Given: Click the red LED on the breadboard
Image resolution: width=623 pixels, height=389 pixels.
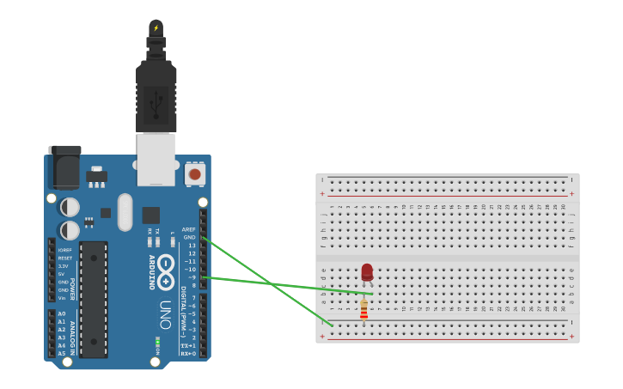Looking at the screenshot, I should [367, 272].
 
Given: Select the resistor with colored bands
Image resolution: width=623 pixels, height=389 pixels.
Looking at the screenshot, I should [363, 309].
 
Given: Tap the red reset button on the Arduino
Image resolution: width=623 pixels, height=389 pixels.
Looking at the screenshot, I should [195, 174].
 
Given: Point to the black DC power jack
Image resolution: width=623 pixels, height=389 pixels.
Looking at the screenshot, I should [65, 168].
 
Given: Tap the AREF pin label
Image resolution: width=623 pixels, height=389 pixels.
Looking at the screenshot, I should [188, 229].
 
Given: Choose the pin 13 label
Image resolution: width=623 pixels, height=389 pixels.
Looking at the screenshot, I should [192, 246].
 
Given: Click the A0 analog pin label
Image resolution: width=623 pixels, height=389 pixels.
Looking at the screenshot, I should [62, 313].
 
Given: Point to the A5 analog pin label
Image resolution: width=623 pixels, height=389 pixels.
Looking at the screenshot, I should [62, 353].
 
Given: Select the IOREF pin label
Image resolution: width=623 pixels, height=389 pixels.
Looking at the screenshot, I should [64, 250].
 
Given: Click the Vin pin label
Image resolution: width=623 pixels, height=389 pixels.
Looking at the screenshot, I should [63, 298].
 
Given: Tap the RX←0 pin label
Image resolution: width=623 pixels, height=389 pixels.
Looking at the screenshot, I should [188, 353].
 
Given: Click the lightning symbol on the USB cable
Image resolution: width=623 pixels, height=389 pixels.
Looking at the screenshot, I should [156, 27].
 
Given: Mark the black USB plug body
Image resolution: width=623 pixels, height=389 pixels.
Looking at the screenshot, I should [156, 94].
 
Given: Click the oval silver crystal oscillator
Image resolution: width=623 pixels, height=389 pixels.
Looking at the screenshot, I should [125, 211].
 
